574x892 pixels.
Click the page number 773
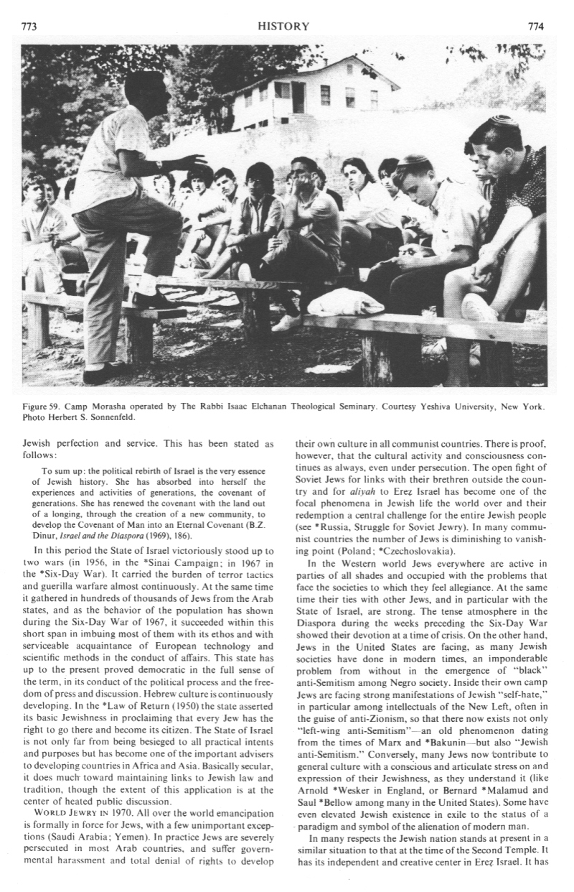(x=29, y=27)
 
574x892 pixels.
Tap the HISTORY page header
(x=286, y=27)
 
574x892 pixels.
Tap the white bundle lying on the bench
(x=345, y=302)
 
